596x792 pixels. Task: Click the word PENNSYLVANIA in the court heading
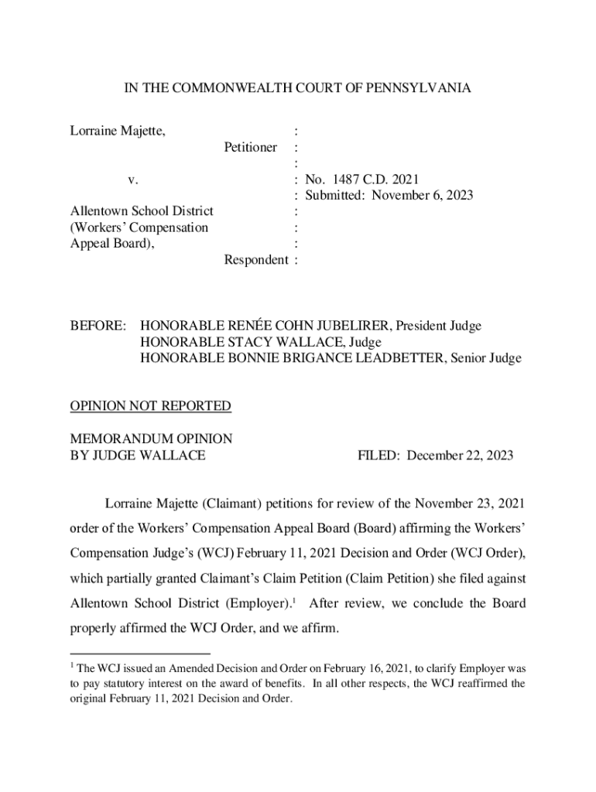tap(423, 89)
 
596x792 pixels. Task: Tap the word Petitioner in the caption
tap(251, 147)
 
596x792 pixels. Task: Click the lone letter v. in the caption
tap(133, 179)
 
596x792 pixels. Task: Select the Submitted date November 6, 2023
tap(422, 195)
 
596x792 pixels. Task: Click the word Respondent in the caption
tap(255, 260)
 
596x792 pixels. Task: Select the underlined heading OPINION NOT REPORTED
tap(151, 405)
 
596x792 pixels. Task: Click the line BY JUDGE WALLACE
tap(138, 456)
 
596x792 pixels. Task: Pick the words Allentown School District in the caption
tap(142, 211)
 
